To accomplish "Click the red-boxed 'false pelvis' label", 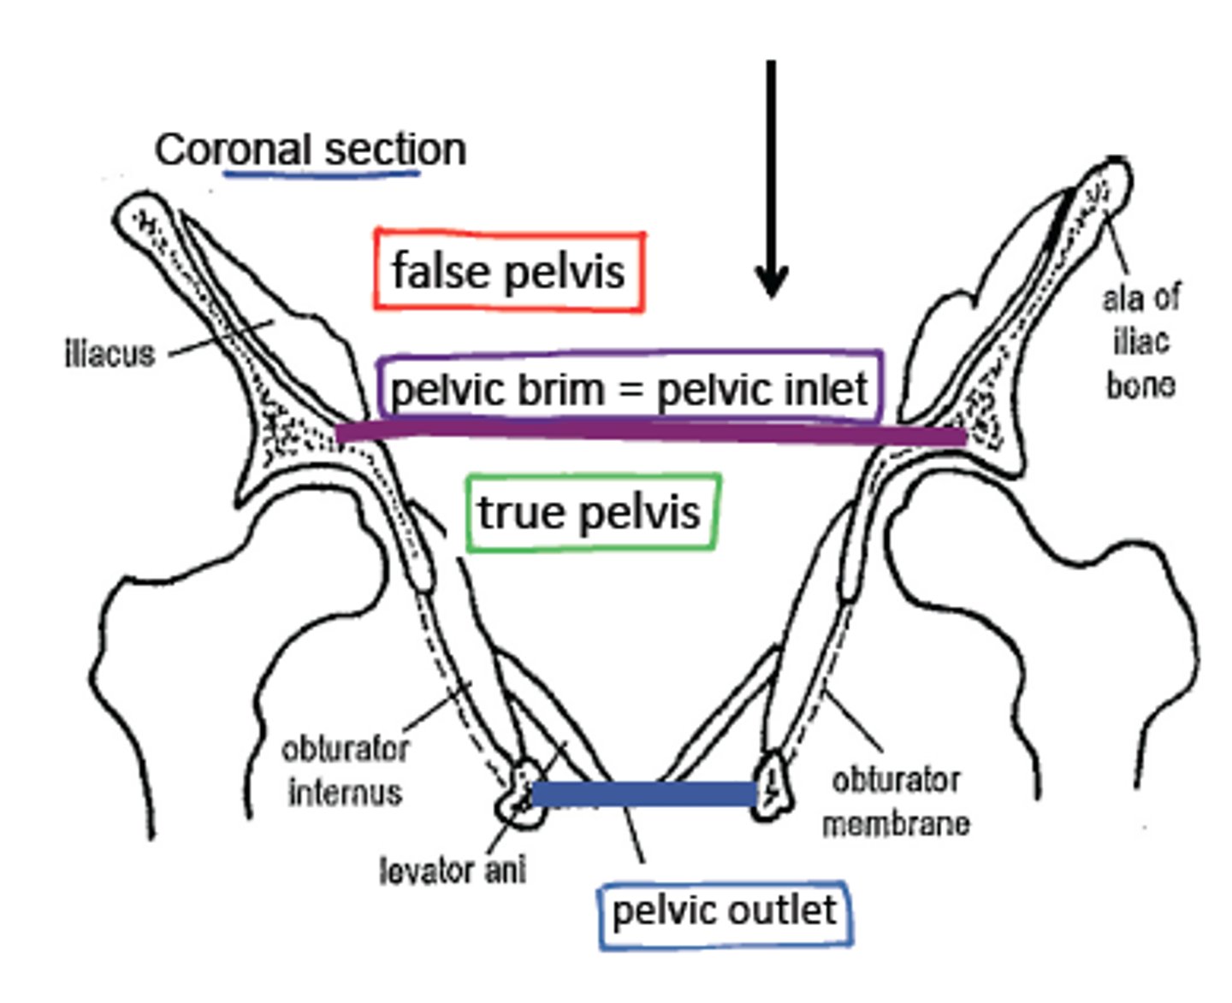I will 508,271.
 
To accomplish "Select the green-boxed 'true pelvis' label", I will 589,512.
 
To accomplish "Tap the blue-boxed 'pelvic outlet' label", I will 724,911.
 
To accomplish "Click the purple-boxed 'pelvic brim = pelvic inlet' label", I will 629,389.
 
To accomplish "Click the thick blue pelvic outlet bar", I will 643,794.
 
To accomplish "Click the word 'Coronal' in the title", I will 232,150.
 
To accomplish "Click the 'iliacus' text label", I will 110,353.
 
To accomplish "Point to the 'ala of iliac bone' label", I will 1140,342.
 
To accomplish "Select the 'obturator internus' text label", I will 346,770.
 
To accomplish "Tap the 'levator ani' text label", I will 453,870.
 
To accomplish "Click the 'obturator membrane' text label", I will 896,801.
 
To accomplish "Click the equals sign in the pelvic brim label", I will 631,390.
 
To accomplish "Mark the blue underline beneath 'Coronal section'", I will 321,174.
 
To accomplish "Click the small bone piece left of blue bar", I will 519,793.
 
